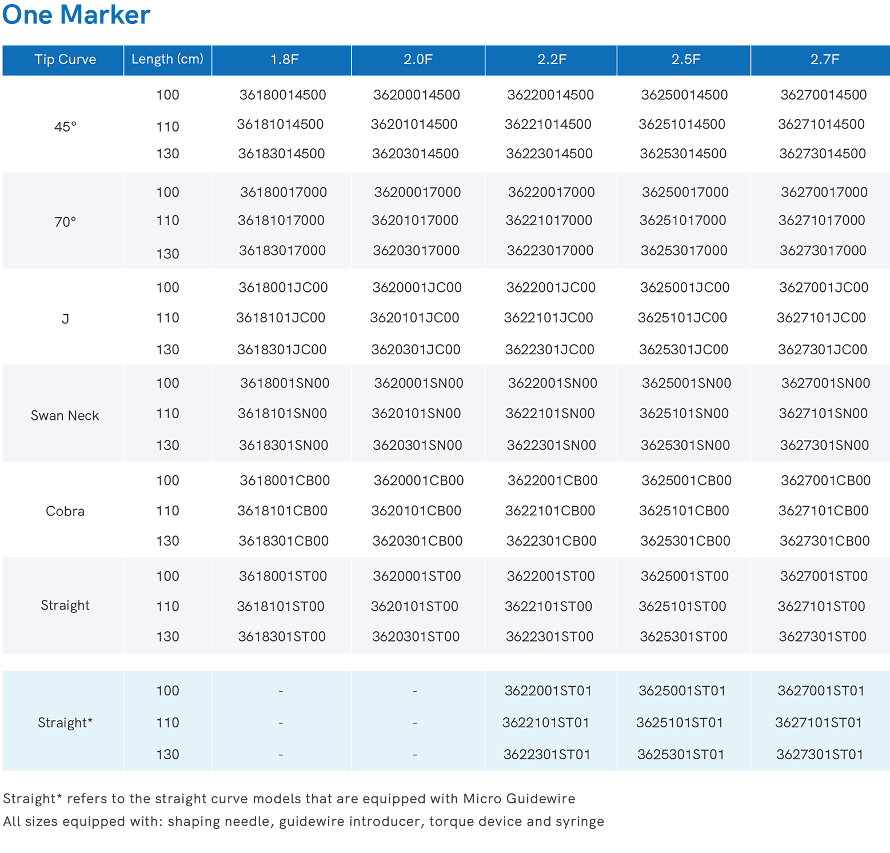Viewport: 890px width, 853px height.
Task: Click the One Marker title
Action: [76, 15]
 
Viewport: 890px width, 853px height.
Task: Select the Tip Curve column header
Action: [65, 59]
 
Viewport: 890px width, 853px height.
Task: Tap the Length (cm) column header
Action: [167, 59]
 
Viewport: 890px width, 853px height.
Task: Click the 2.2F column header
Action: [552, 59]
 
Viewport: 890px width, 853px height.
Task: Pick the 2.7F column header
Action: [824, 59]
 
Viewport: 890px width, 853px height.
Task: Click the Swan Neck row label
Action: [65, 415]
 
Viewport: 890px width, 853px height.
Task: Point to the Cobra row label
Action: [65, 511]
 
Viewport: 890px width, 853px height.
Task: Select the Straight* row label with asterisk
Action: [65, 723]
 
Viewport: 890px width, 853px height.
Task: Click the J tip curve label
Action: [65, 319]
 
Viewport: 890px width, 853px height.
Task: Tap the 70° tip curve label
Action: [65, 222]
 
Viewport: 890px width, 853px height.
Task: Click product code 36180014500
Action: [282, 95]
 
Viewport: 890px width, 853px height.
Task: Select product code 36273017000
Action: [823, 250]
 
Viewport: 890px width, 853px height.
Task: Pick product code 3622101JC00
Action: [548, 318]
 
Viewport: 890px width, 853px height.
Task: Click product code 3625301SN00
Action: [685, 445]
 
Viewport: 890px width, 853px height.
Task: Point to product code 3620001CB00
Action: [418, 480]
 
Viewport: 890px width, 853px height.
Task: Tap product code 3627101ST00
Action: [821, 606]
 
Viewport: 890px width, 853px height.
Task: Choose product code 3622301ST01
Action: [546, 755]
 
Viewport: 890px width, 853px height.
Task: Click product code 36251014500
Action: [681, 124]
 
